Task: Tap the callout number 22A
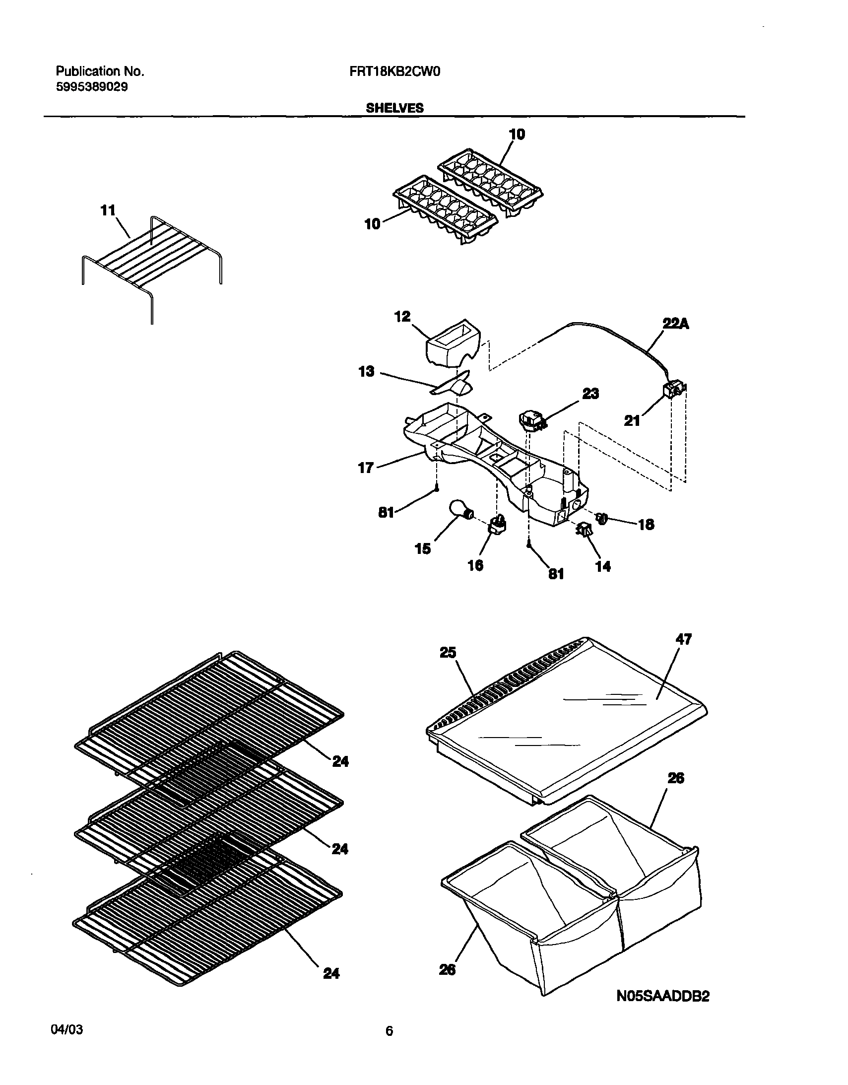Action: pyautogui.click(x=676, y=324)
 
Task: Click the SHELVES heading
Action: pyautogui.click(x=394, y=108)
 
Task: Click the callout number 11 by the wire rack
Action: pyautogui.click(x=108, y=210)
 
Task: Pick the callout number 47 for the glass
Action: pyautogui.click(x=684, y=639)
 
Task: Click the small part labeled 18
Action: pyautogui.click(x=601, y=519)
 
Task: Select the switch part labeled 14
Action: pyautogui.click(x=584, y=531)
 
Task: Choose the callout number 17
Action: pyautogui.click(x=366, y=468)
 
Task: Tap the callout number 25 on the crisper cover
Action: pyautogui.click(x=448, y=652)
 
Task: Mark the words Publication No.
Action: pyautogui.click(x=99, y=71)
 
